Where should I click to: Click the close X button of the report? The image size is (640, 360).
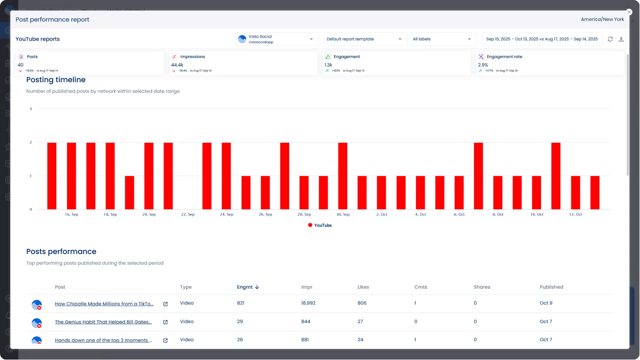[x=629, y=12]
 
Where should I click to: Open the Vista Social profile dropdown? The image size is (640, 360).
[x=276, y=39]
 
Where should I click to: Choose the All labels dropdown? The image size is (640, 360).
[x=442, y=39]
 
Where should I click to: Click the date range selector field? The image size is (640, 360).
[x=542, y=39]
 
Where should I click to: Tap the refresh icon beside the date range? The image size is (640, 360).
[x=610, y=39]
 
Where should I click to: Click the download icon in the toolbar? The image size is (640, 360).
[x=621, y=39]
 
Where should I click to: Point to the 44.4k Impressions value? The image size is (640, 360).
[x=177, y=65]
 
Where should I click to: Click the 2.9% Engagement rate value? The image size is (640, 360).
[x=483, y=65]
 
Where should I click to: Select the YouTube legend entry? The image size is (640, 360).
[x=320, y=225]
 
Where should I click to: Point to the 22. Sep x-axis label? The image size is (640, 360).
[x=188, y=214]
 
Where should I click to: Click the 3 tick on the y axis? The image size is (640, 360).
[x=31, y=109]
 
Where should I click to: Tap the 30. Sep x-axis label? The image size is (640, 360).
[x=343, y=214]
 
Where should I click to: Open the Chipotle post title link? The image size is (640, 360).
[x=104, y=304]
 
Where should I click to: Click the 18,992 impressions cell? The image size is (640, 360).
[x=308, y=303]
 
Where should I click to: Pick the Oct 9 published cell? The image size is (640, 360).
[x=546, y=303]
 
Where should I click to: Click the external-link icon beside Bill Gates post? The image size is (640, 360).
[x=165, y=322]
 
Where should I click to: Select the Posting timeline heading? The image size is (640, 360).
[x=56, y=80]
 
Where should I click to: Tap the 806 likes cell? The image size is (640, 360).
[x=362, y=303]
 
